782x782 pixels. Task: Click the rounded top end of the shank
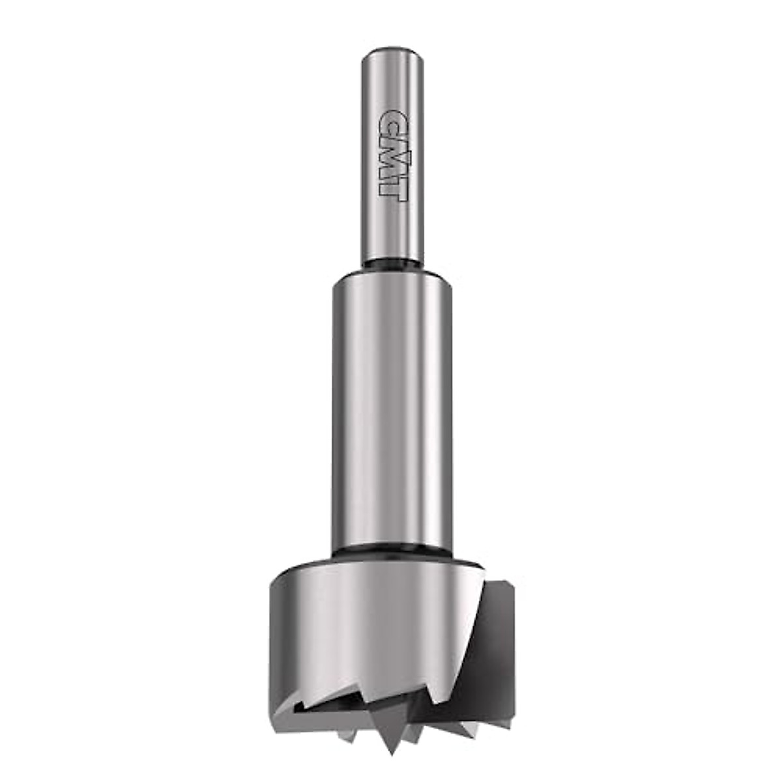pos(390,51)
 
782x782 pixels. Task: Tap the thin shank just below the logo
pos(390,228)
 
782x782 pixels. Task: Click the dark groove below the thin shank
pos(390,264)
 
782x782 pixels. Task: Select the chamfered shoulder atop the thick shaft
pos(390,276)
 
